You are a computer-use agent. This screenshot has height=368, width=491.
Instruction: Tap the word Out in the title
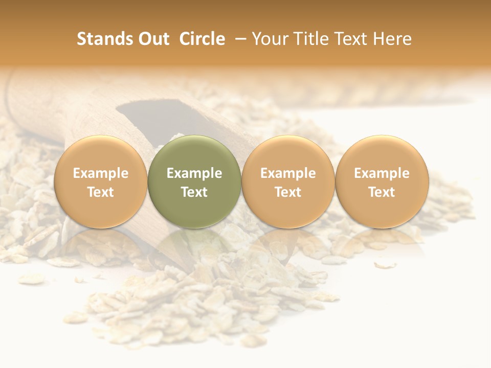pos(153,39)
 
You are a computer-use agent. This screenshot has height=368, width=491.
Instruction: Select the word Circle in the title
pos(202,39)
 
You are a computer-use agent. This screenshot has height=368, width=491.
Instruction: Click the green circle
pos(194,181)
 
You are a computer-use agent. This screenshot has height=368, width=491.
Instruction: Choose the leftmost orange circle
pos(100,181)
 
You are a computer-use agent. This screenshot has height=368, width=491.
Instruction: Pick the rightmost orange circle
pos(382,181)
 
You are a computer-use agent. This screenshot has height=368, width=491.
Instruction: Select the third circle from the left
pos(288,181)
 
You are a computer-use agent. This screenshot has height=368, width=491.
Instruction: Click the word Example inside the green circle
pos(194,173)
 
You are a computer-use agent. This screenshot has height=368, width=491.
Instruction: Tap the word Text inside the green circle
pos(194,192)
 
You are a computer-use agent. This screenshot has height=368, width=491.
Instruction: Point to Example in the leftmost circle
pos(100,173)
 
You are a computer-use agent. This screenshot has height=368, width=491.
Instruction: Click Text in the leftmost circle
pos(100,192)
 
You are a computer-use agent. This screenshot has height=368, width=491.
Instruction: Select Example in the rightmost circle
pos(382,173)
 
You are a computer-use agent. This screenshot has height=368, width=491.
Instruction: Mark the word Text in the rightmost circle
pos(382,192)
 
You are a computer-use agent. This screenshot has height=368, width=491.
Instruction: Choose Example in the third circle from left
pos(288,173)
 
